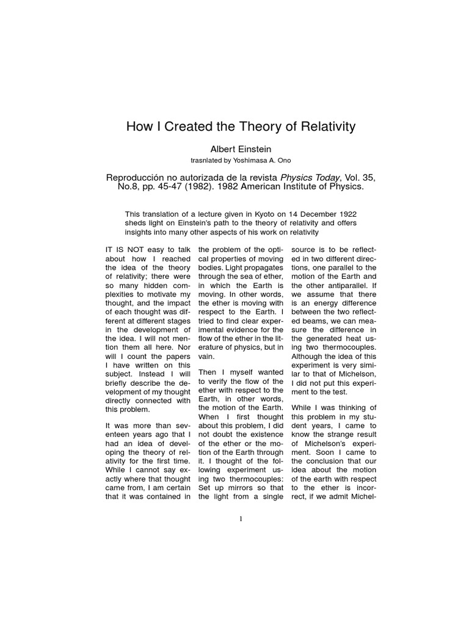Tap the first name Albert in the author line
pos(224,149)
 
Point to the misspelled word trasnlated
pos(211,161)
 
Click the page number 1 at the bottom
pos(241,519)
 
